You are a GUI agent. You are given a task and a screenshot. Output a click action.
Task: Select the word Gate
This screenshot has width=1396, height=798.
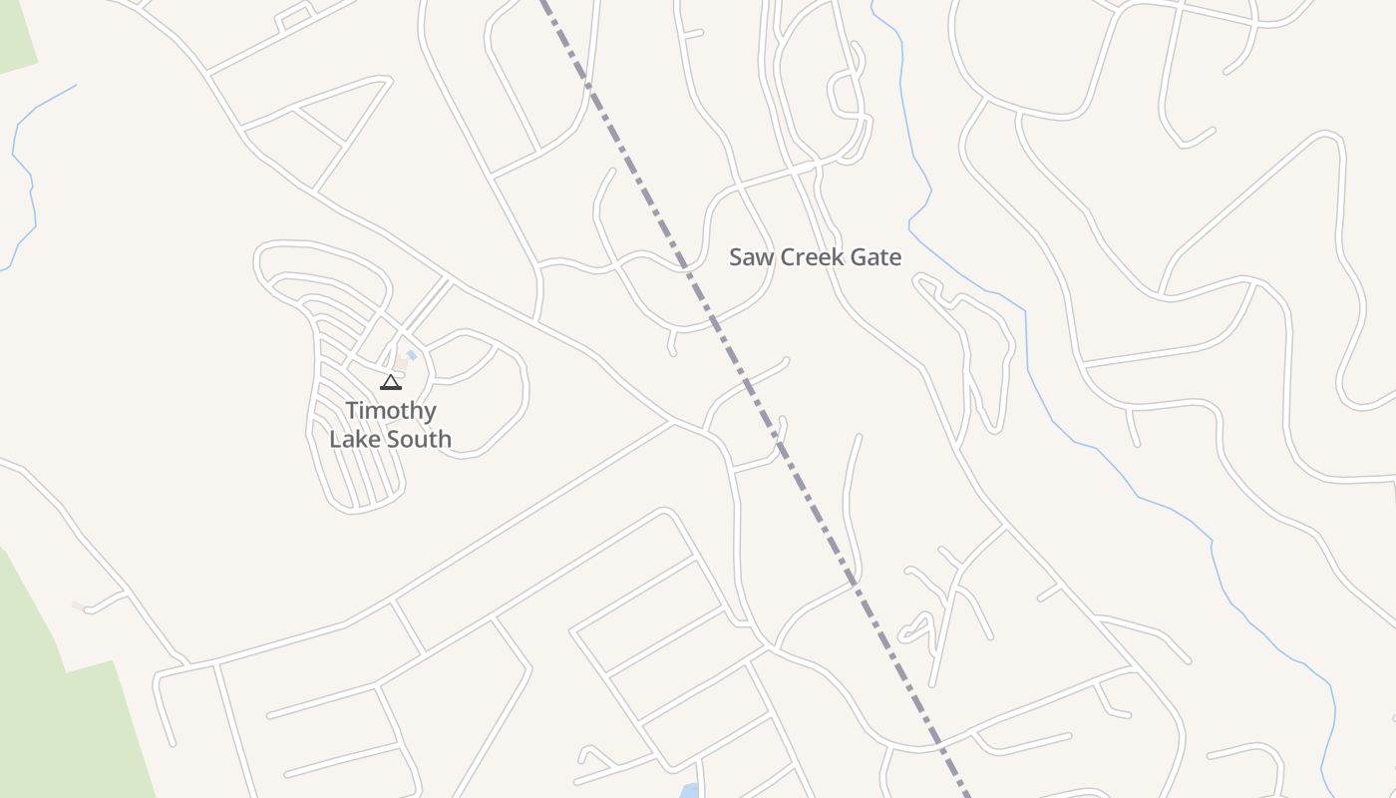click(874, 257)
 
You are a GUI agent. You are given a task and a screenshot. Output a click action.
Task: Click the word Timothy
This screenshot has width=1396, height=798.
click(391, 411)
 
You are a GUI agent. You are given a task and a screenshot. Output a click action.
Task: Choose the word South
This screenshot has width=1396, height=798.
click(421, 439)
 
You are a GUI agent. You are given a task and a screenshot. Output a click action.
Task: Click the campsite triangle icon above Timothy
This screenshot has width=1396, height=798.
click(391, 382)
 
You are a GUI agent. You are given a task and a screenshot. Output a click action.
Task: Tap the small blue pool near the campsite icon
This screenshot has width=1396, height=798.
click(411, 355)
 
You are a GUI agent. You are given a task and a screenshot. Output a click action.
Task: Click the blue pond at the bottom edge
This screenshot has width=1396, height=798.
click(688, 792)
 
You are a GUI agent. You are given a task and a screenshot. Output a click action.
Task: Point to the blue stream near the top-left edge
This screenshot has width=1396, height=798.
click(25, 170)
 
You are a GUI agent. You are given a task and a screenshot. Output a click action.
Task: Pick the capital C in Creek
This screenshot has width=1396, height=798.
click(788, 257)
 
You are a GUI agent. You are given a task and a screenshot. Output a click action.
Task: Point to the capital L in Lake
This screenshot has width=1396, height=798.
click(335, 439)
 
